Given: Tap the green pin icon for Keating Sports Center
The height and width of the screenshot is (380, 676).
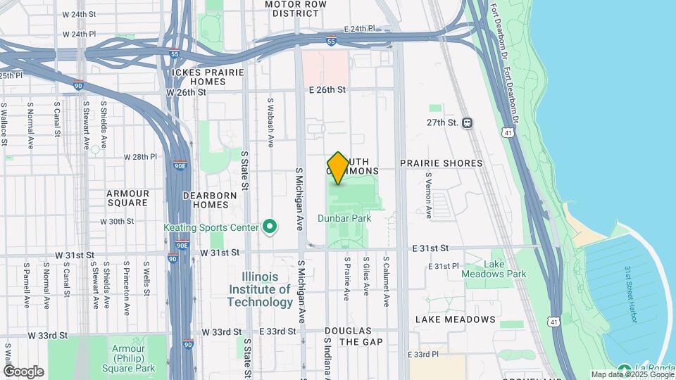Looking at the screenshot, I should point(269,227).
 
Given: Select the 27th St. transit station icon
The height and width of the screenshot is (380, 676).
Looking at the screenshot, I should point(468,122).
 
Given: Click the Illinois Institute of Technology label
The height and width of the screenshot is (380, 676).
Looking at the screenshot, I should point(260,289).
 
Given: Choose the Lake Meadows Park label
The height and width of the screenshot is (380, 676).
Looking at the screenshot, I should point(505,269).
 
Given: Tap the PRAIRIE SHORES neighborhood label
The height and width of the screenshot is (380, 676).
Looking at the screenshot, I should point(441,163).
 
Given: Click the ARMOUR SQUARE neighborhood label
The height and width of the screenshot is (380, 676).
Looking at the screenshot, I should point(127,198).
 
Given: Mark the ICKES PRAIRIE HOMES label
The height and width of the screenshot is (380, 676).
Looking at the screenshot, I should point(207,77).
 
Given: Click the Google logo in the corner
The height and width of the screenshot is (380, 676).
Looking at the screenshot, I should point(23,372).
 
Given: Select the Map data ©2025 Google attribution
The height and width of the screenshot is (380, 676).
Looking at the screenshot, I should point(632,374).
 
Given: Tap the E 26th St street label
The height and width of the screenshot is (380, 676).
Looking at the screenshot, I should point(327,90).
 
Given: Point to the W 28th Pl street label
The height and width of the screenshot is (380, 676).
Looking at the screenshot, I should point(139,157).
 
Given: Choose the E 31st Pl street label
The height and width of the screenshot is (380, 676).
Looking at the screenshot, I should point(444,267).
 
